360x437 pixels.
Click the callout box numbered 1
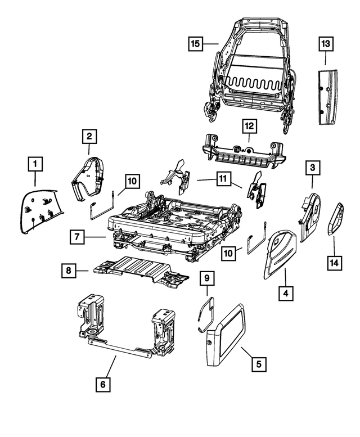(x=35, y=165)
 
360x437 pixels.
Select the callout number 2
(x=89, y=135)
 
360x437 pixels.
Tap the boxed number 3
(x=313, y=167)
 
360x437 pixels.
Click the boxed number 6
(x=103, y=385)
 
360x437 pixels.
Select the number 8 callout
(x=69, y=271)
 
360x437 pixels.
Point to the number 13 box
(x=326, y=43)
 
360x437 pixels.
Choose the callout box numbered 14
(x=334, y=261)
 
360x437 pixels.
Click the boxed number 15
(x=195, y=43)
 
